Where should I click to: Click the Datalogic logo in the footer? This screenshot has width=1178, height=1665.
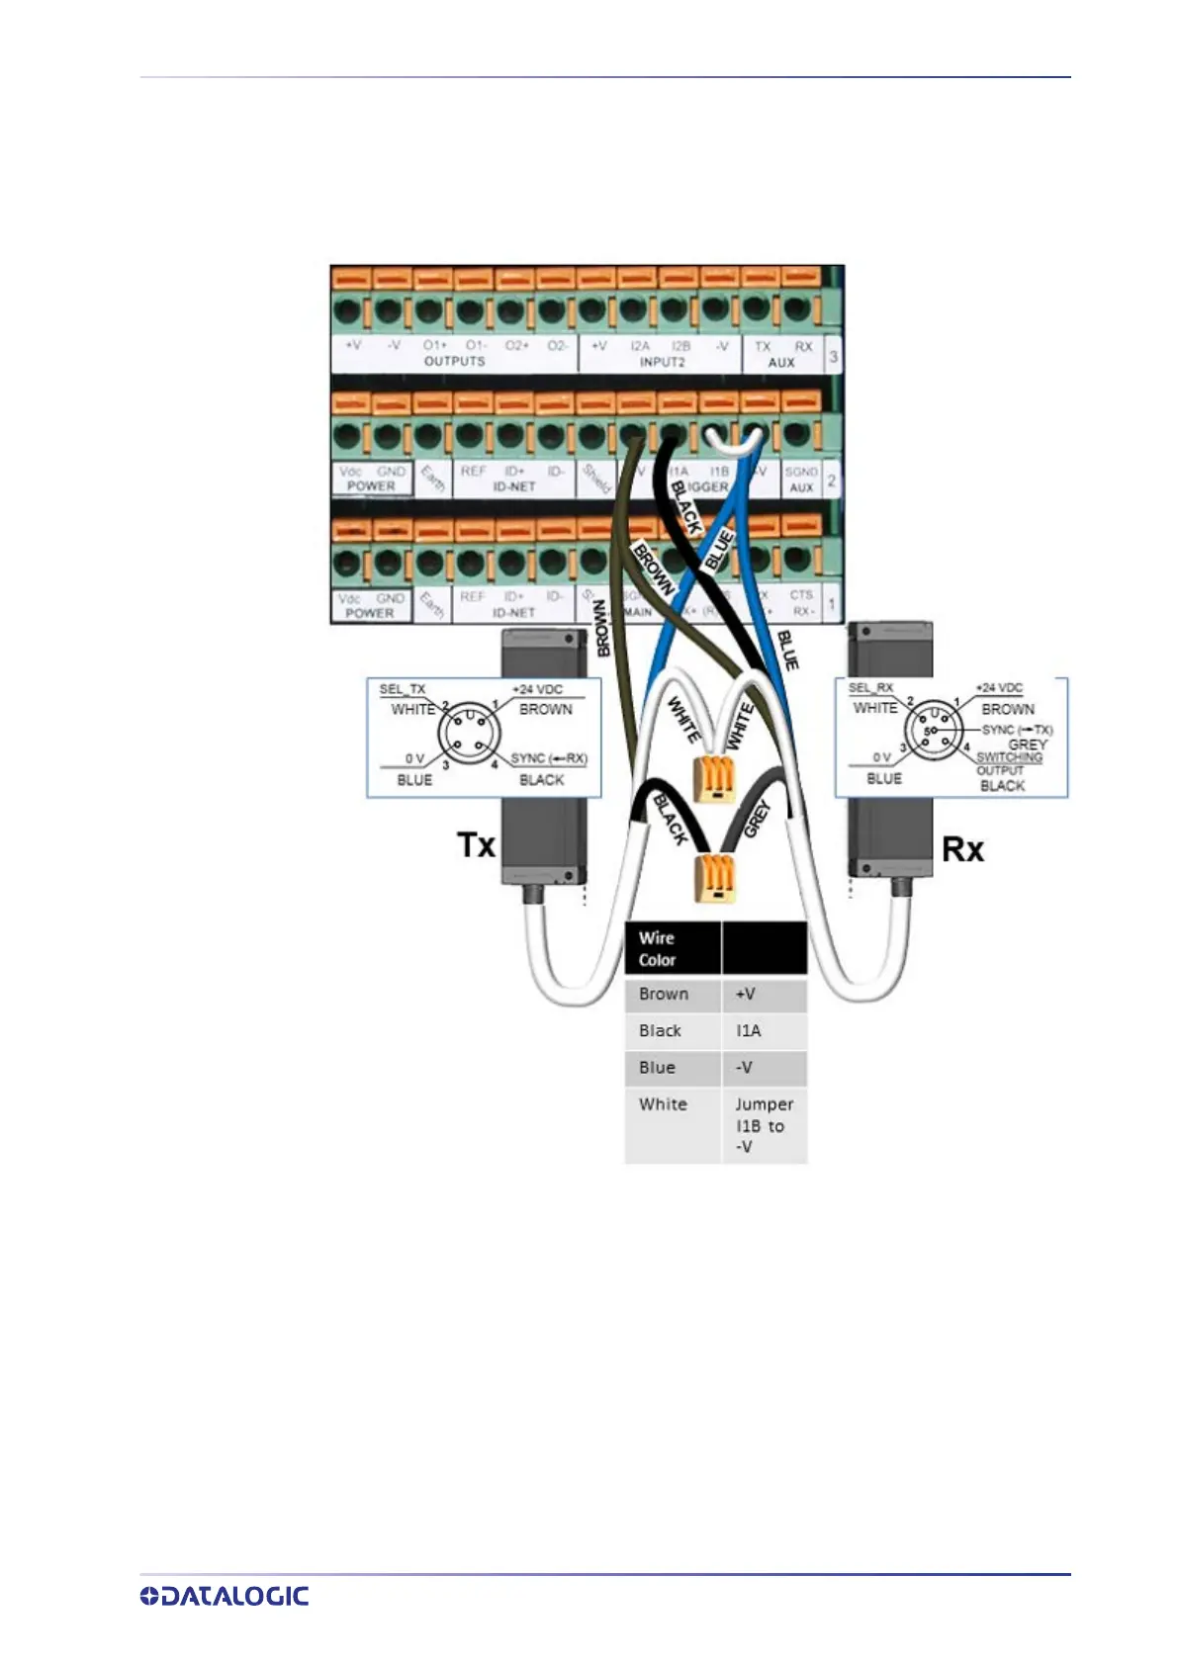[225, 1596]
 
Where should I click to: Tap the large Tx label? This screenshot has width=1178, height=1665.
[476, 845]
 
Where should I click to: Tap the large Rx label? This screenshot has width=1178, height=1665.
[961, 848]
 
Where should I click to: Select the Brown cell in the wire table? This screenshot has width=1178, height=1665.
[664, 994]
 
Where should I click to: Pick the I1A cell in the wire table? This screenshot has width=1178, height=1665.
[749, 1030]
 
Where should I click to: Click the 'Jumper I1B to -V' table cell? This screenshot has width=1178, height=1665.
[764, 1125]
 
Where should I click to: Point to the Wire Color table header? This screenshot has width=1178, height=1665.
[657, 948]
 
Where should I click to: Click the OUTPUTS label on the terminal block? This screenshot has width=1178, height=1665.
[454, 362]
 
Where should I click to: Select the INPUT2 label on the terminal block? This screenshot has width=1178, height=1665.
[661, 362]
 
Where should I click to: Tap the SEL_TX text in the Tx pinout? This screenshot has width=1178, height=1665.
[403, 689]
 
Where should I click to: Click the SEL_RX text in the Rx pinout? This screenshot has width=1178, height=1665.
[870, 687]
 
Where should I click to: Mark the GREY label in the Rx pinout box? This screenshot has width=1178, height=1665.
[1028, 745]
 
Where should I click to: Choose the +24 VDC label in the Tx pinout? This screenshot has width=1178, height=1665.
[537, 689]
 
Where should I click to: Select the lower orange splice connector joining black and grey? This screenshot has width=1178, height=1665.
[716, 878]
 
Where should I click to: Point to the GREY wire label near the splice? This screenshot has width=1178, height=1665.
[757, 819]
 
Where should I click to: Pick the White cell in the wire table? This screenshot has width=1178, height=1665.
[663, 1103]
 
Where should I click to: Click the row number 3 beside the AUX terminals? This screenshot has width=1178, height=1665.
[833, 356]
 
